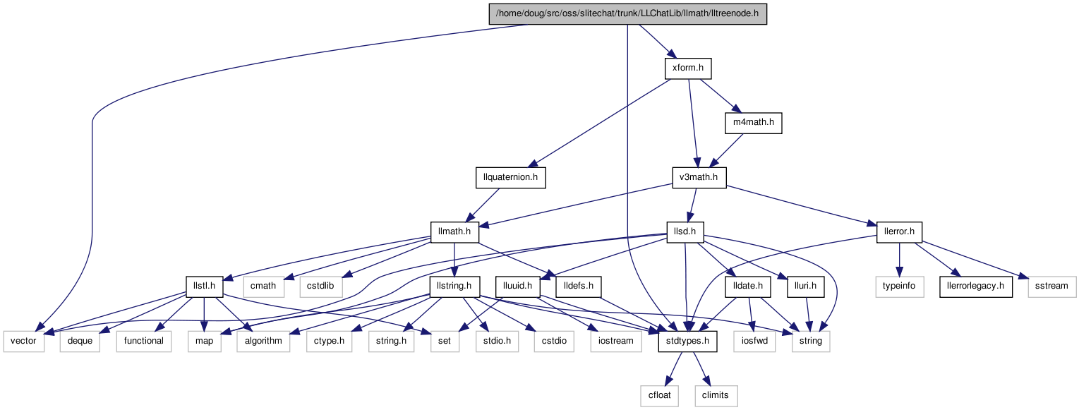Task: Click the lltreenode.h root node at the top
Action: (627, 14)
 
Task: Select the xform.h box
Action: (688, 68)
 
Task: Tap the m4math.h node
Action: (754, 123)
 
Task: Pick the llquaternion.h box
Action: (511, 178)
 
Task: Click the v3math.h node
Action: (699, 178)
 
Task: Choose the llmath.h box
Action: (454, 232)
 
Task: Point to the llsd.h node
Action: (685, 232)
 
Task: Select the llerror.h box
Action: (899, 232)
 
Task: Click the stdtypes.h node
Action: (687, 342)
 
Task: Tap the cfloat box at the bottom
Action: (659, 396)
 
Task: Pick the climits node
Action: (716, 396)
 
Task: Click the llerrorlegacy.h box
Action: (975, 287)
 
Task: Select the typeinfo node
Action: (899, 287)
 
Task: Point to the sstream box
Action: (1052, 287)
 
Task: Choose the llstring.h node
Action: (454, 287)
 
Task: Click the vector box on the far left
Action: (23, 342)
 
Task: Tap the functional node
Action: (143, 342)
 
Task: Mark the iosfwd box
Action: (755, 342)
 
